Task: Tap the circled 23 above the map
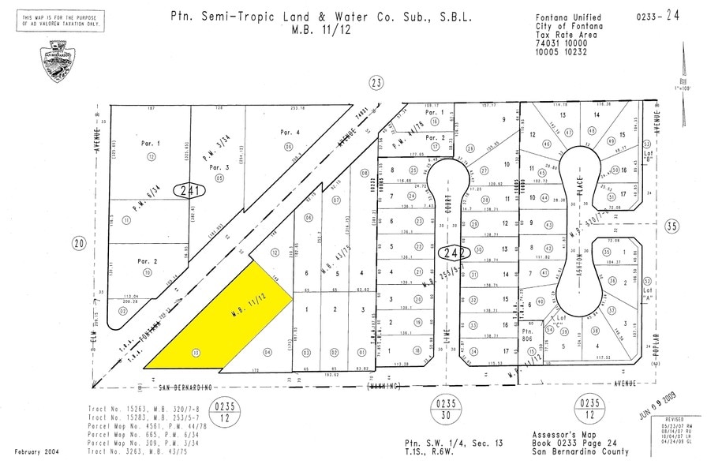tap(376, 81)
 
